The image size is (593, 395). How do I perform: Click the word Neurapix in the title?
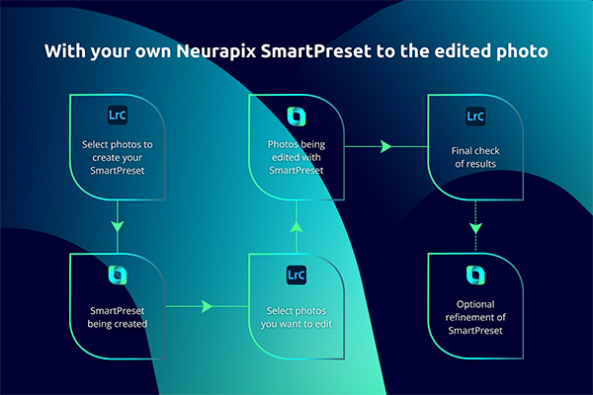(x=216, y=51)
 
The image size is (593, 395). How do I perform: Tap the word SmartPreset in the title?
(x=316, y=51)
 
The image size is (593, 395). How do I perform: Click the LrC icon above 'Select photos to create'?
(x=118, y=115)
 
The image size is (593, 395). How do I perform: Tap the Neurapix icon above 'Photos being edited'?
(x=296, y=117)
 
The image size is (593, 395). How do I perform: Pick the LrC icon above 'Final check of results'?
(x=475, y=117)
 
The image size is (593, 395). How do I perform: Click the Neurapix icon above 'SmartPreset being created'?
(x=118, y=275)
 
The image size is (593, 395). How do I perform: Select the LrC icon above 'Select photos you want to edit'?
(x=296, y=275)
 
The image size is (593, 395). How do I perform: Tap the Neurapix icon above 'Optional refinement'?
(x=475, y=275)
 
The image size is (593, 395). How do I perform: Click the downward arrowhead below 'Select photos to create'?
(x=118, y=226)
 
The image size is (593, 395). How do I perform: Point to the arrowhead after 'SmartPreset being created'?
(x=207, y=306)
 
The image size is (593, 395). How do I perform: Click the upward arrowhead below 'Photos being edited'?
(x=296, y=226)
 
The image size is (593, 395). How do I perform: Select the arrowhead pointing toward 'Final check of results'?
(x=385, y=146)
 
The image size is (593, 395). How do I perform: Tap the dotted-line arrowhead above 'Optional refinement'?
(x=475, y=228)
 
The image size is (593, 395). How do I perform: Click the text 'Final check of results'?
(x=475, y=157)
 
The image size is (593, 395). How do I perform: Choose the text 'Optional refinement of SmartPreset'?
(x=475, y=317)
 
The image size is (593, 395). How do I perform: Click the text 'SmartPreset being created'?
(x=118, y=317)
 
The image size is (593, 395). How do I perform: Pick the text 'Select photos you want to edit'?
(x=296, y=317)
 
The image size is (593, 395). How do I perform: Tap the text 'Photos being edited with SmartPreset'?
(x=296, y=157)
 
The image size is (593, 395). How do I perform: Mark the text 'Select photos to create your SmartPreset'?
(x=118, y=157)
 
